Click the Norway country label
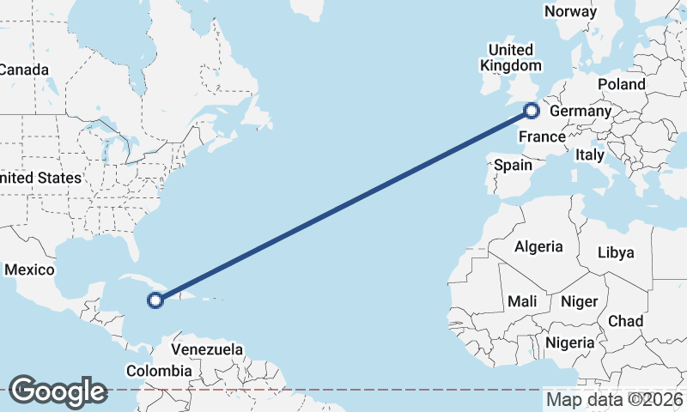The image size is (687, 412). point(570,11)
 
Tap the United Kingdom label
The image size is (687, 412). point(511,58)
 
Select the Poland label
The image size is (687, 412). point(621,84)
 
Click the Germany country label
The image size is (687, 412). point(580,112)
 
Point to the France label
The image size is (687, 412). point(542,137)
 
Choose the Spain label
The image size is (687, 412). point(514,165)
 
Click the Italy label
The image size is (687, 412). point(590,155)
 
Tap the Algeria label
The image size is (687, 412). point(538,247)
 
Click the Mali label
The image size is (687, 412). point(522,301)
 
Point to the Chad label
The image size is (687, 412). point(625,321)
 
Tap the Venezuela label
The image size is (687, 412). point(207,349)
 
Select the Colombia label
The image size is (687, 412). point(159,371)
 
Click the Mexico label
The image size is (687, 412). point(29,270)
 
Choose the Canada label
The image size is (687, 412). point(24,70)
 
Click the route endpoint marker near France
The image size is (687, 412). point(532,110)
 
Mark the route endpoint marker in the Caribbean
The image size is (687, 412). point(155,300)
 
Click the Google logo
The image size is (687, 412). point(58,391)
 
